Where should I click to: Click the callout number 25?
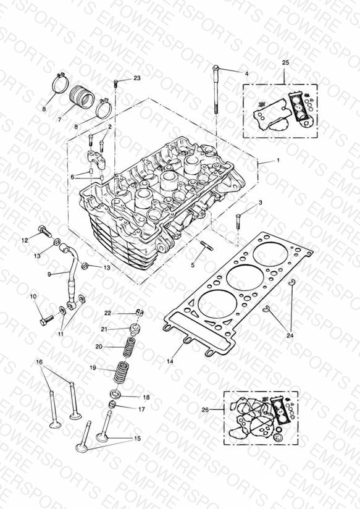(x=285, y=62)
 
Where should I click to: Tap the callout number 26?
(x=205, y=410)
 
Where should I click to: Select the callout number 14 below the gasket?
(x=170, y=361)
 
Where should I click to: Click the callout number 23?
(x=137, y=78)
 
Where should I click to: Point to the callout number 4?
(x=247, y=74)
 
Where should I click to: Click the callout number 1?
(x=278, y=161)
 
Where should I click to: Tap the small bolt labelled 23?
(x=115, y=83)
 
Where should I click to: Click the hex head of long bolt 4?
(x=216, y=68)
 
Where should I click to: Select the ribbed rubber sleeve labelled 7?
(x=82, y=97)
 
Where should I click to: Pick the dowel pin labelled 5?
(x=207, y=245)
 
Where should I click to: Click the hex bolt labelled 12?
(x=45, y=231)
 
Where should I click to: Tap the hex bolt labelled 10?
(x=47, y=320)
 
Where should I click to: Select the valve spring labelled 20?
(x=130, y=346)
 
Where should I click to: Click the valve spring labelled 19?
(x=120, y=372)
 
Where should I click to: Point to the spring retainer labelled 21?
(x=135, y=329)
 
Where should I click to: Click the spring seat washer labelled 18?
(x=116, y=395)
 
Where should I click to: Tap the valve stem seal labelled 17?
(x=112, y=405)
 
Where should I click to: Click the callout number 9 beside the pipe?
(x=49, y=274)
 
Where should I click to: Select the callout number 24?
(x=290, y=335)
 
